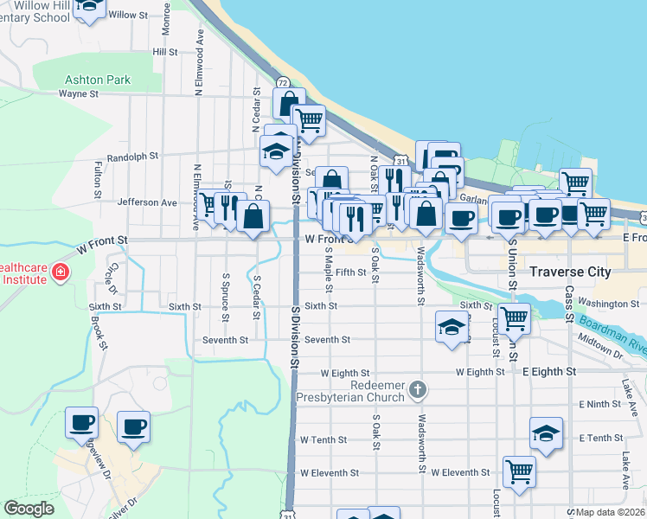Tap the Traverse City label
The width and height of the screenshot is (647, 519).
[x=570, y=272]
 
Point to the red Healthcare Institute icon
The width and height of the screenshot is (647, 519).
[x=60, y=273]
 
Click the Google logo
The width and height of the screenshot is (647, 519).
[x=29, y=509]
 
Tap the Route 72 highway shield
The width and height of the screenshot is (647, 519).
[x=283, y=80]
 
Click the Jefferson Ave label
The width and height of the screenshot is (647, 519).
[x=147, y=202]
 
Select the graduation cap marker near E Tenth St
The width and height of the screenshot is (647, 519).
[x=546, y=434]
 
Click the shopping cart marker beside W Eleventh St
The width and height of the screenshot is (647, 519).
[x=519, y=472]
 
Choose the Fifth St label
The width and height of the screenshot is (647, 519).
[x=351, y=272]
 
